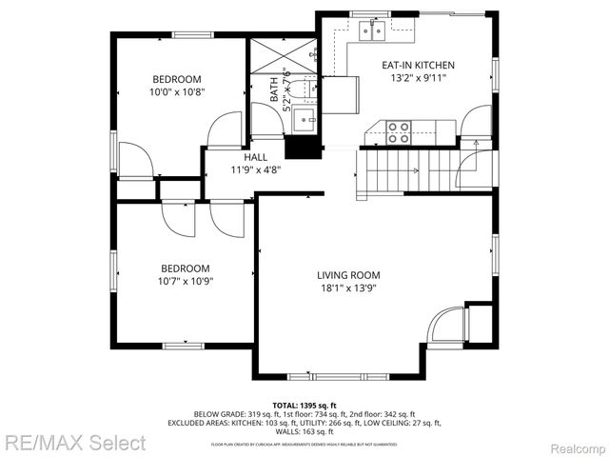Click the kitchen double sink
pyautogui.click(x=372, y=32)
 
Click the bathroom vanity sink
pyautogui.click(x=304, y=119)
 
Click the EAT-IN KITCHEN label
pyautogui.click(x=418, y=66)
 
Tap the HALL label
pyautogui.click(x=255, y=157)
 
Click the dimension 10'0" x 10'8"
pyautogui.click(x=178, y=92)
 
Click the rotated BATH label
pyautogui.click(x=274, y=91)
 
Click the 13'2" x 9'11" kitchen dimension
pyautogui.click(x=418, y=80)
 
